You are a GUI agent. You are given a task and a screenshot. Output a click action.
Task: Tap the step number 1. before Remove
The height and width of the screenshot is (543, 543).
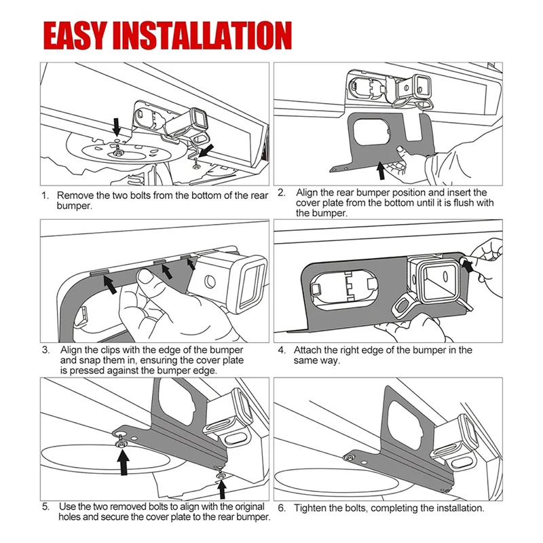pyautogui.click(x=46, y=195)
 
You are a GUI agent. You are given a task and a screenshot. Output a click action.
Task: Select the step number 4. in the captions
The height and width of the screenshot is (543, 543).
pyautogui.click(x=282, y=350)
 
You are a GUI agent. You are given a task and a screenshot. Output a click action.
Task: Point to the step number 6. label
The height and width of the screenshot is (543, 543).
pyautogui.click(x=282, y=508)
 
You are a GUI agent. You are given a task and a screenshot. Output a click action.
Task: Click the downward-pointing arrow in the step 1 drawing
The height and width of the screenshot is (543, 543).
pyautogui.click(x=117, y=126)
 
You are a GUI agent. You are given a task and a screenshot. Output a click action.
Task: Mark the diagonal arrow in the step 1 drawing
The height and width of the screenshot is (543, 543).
pyautogui.click(x=208, y=150)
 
